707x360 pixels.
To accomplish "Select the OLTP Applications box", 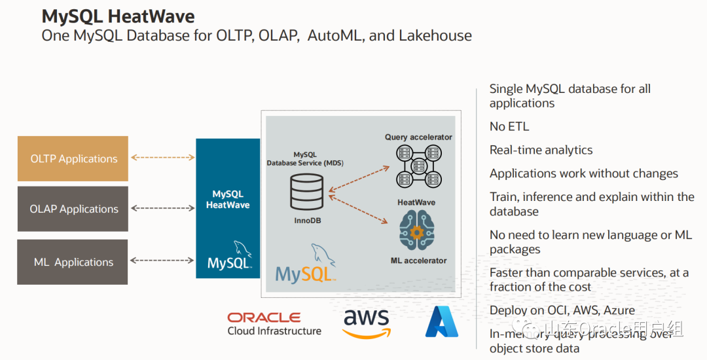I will tap(73, 158).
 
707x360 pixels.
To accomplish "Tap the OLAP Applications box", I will tap(73, 209).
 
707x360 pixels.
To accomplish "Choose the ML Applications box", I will tap(73, 262).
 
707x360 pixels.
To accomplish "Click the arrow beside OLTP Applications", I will tap(162, 157).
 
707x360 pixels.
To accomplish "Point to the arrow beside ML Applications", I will tap(162, 261).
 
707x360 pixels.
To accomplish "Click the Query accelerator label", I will tap(418, 137).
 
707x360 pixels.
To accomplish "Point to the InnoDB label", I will tap(307, 221).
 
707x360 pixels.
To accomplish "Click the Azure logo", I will tap(442, 321).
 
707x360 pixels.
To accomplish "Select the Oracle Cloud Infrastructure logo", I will tap(274, 323).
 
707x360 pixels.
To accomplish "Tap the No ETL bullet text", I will tap(509, 126).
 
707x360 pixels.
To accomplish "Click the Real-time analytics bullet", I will tap(541, 150).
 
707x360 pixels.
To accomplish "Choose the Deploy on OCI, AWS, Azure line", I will tap(562, 310).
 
